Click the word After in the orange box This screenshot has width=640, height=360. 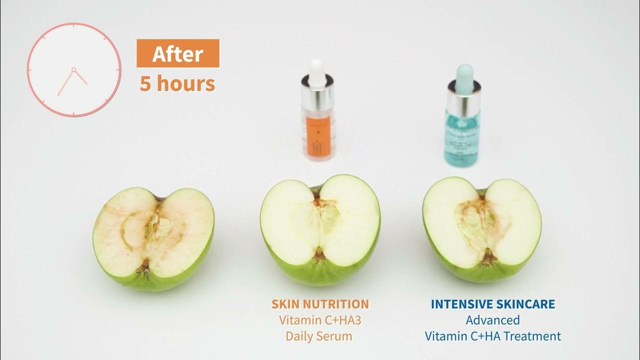pyautogui.click(x=177, y=54)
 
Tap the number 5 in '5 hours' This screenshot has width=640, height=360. pyautogui.click(x=145, y=83)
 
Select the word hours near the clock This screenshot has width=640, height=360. pyautogui.click(x=185, y=83)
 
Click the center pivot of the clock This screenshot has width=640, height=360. pyautogui.click(x=73, y=69)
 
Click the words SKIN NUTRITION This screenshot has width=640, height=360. pyautogui.click(x=320, y=304)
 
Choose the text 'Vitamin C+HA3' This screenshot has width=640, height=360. pyautogui.click(x=320, y=320)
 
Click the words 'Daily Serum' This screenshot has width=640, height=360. pyautogui.click(x=319, y=336)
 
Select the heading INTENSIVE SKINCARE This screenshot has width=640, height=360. pyautogui.click(x=493, y=304)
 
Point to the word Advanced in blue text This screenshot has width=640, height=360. pyautogui.click(x=493, y=320)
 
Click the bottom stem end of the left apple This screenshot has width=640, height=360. pyautogui.click(x=145, y=264)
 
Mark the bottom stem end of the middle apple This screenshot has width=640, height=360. pyautogui.click(x=319, y=256)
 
